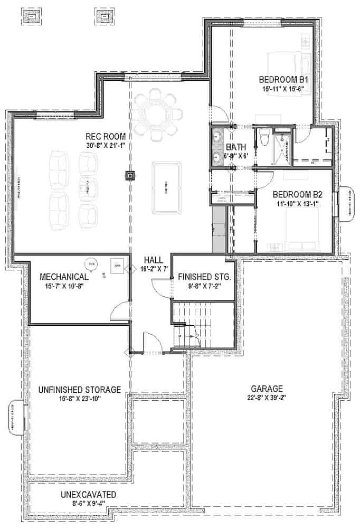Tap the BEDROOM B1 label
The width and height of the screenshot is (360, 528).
tap(283, 80)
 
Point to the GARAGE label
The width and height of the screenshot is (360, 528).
tap(267, 388)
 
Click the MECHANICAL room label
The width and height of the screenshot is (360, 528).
tap(64, 277)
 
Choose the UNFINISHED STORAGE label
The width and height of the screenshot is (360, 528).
tap(80, 390)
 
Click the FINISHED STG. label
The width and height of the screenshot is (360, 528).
tap(204, 277)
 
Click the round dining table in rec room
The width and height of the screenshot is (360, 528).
tap(156, 114)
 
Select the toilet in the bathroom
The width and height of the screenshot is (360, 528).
tap(264, 138)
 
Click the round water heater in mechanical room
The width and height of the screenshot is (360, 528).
tap(91, 262)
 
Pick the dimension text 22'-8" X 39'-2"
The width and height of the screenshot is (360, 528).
tap(267, 398)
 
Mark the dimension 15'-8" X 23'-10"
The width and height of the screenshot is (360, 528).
tap(80, 399)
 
